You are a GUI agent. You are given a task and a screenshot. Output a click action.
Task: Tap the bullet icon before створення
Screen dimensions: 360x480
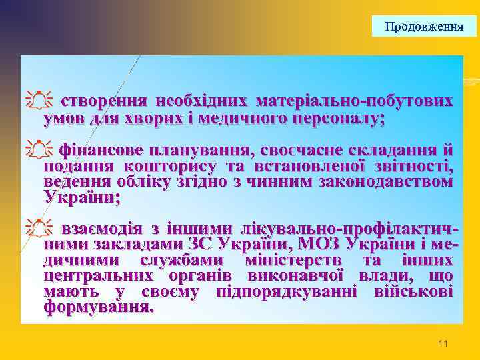coord(41,102)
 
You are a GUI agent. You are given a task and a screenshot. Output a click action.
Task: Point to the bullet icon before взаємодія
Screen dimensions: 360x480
coord(41,229)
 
